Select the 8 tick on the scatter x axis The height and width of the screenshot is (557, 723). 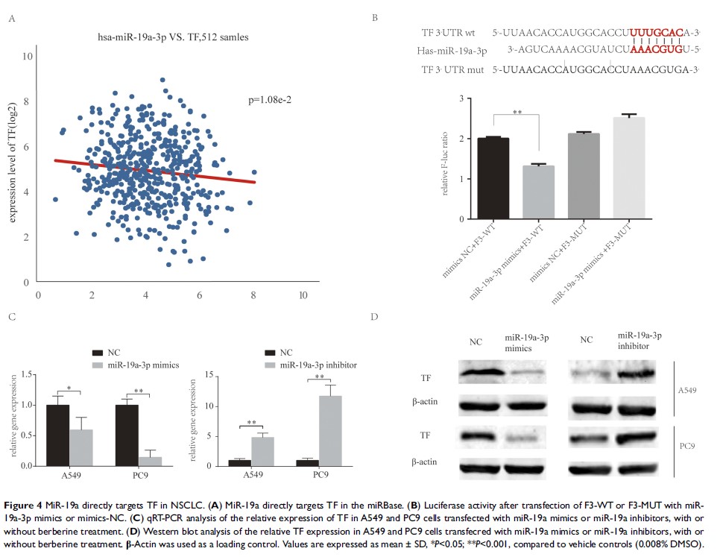(254, 295)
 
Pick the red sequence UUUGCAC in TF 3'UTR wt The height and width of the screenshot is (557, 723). (657, 33)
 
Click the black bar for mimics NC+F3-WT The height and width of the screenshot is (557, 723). (493, 178)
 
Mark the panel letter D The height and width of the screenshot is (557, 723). (374, 318)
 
